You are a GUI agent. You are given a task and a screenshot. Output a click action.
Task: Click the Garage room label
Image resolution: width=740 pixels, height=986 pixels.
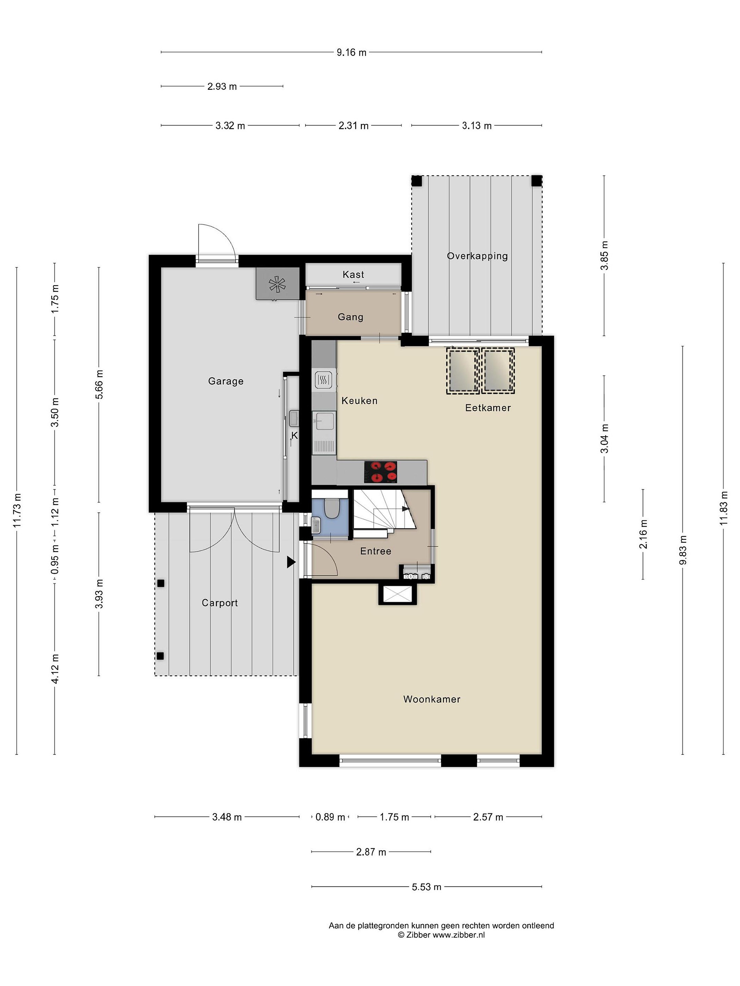tap(226, 381)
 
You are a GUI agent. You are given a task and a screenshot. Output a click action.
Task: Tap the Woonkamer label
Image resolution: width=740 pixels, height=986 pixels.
tap(432, 699)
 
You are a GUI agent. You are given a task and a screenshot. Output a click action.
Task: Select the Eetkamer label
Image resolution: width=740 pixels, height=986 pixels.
tap(488, 408)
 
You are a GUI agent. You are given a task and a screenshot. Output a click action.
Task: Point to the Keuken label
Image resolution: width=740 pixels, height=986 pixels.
tap(359, 401)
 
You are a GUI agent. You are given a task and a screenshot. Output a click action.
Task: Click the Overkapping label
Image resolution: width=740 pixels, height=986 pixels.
tap(477, 256)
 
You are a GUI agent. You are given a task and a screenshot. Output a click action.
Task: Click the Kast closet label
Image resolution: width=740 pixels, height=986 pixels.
tap(353, 275)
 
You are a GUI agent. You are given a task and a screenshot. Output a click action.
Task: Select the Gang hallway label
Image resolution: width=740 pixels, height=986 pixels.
tap(350, 317)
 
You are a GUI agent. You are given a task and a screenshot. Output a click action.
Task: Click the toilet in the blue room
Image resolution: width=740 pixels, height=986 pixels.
tap(331, 508)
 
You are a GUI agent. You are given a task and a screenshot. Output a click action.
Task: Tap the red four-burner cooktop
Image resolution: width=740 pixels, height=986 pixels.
tap(381, 472)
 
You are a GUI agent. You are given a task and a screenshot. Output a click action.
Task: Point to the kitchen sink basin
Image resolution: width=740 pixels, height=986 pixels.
tap(325, 420)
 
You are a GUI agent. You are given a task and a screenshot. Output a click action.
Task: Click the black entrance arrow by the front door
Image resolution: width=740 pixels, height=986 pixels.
tap(291, 562)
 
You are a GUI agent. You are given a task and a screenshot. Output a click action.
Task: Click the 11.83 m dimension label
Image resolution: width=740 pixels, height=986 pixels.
tap(724, 508)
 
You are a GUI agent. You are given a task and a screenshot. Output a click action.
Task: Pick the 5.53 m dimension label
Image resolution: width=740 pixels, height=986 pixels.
tap(427, 887)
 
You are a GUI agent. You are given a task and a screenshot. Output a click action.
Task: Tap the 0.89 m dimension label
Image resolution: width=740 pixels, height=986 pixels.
tap(330, 817)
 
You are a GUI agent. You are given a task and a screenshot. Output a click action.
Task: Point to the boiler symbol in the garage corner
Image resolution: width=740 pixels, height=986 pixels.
tap(277, 283)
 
